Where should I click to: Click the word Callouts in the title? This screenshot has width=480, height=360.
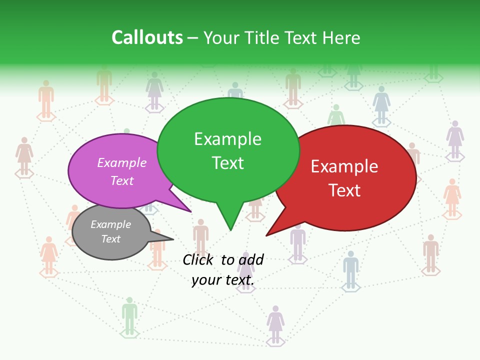coord(147,38)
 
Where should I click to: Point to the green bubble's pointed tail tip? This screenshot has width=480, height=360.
coord(230,229)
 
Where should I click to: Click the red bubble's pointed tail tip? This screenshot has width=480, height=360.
coord(266,235)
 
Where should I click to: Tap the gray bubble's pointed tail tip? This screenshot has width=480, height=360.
coord(172,239)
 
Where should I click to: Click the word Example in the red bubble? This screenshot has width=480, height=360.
coord(344,166)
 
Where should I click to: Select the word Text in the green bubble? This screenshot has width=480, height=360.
coord(228,163)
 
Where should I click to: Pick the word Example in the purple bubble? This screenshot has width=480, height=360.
coord(122,163)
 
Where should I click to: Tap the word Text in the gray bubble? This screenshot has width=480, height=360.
coord(111,239)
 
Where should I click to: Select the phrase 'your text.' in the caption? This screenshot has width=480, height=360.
coord(223,280)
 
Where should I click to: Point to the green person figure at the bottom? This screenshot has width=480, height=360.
coord(129,315)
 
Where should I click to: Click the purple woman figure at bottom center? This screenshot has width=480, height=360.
coord(275,324)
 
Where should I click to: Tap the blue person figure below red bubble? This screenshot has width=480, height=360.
coord(351,269)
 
